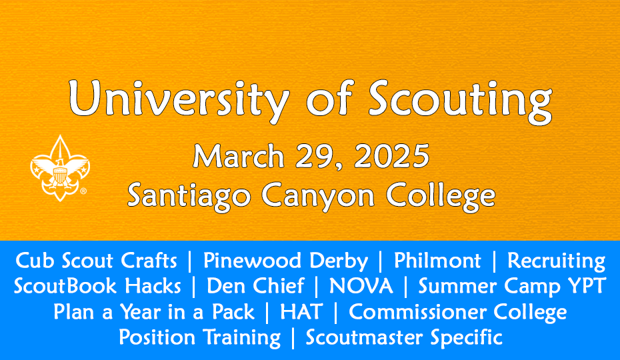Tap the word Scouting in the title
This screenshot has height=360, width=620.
[460, 101]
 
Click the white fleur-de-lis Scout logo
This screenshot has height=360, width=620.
[60, 168]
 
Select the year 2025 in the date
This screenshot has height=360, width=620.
[391, 155]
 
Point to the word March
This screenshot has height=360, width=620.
[239, 155]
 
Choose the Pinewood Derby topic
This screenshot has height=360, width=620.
[285, 261]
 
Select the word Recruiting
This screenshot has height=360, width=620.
[556, 261]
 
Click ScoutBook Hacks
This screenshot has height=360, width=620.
[97, 285]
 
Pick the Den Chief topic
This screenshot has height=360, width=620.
[255, 285]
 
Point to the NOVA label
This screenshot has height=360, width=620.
[361, 285]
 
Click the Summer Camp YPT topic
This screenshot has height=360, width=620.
[512, 287]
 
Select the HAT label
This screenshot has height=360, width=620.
[301, 312]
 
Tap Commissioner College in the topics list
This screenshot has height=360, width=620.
[458, 313]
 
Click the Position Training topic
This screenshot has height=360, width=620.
[200, 338]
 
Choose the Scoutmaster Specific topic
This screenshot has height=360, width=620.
[404, 338]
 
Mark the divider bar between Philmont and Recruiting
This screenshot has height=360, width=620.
[494, 261]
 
